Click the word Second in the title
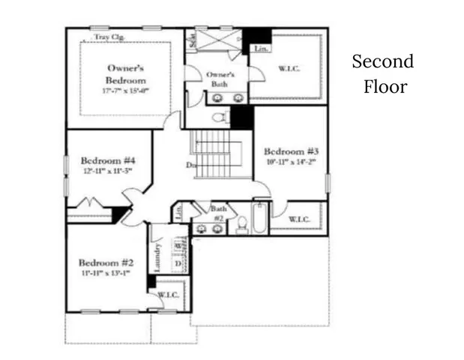(382, 61)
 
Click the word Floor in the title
(385, 86)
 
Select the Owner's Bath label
(220, 79)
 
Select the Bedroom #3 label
(290, 149)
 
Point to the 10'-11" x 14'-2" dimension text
(290, 160)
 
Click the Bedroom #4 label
(107, 160)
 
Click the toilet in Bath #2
(242, 224)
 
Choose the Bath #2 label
(218, 213)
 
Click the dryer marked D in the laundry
(178, 264)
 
